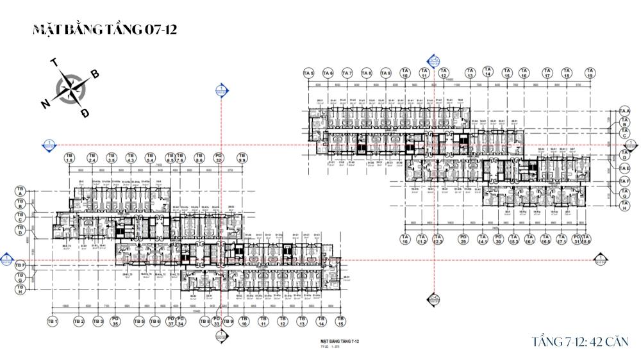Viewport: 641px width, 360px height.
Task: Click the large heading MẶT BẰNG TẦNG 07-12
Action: coord(104,30)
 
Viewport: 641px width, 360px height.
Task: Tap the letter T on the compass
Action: coord(54,63)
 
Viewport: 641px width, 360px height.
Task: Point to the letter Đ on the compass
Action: coord(85,113)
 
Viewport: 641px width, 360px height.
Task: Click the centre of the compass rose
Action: coord(71,88)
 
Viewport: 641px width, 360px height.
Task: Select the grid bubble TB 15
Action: coord(341,322)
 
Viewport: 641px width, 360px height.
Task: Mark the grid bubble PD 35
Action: coord(115,322)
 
